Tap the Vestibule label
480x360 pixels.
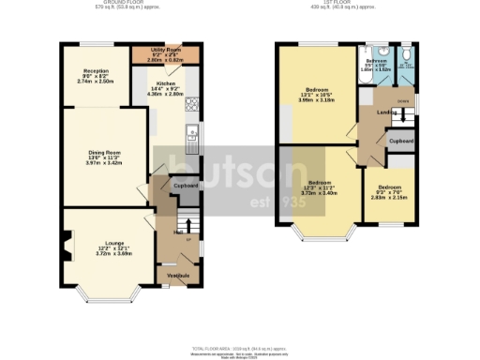click(178, 276)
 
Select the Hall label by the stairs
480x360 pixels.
click(177, 232)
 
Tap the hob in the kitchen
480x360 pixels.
click(191, 102)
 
